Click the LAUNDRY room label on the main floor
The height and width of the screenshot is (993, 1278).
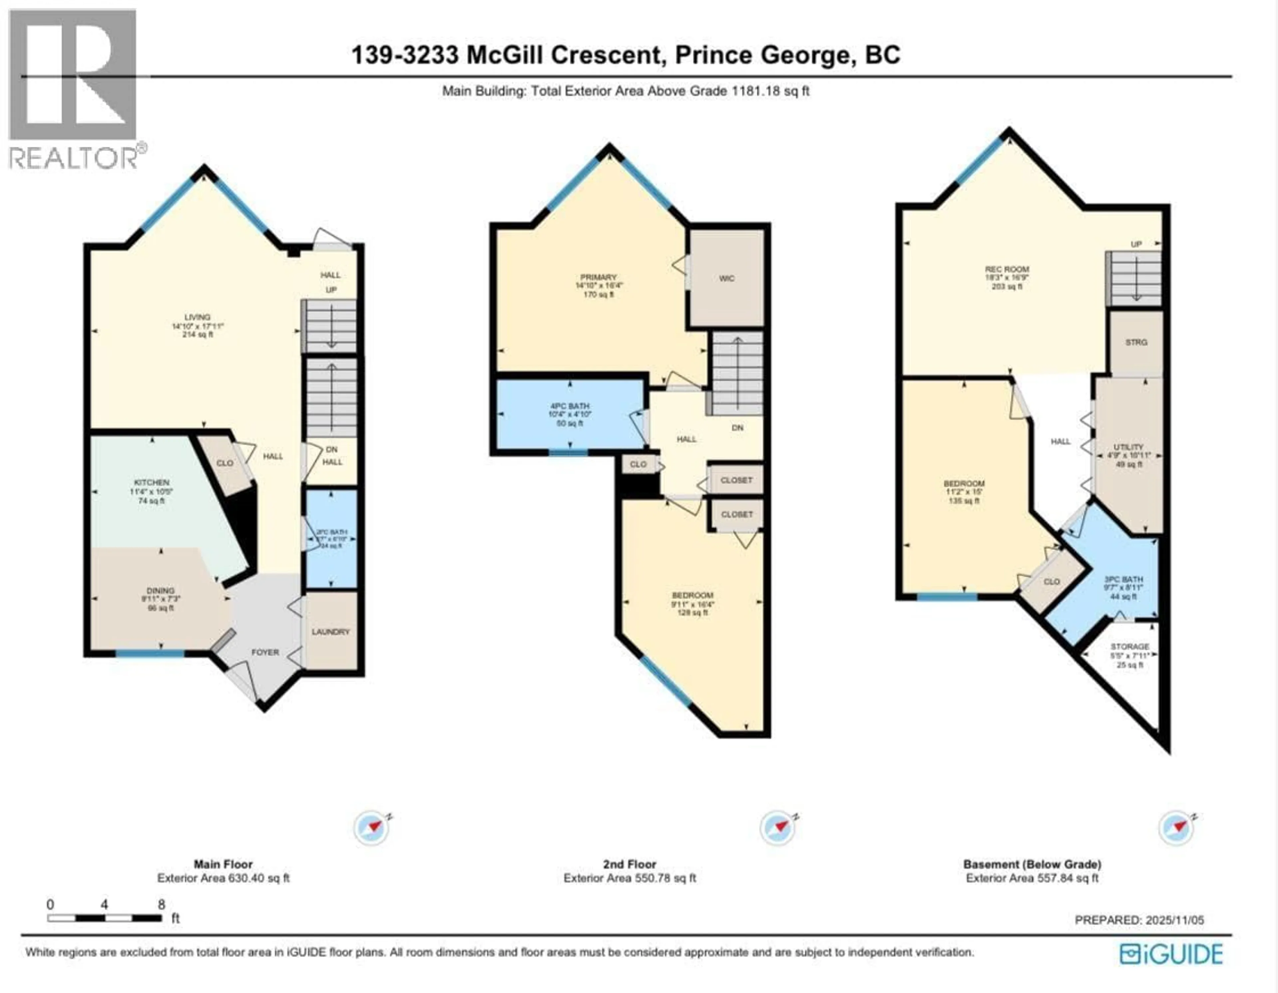(330, 632)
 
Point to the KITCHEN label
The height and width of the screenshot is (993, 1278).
(151, 483)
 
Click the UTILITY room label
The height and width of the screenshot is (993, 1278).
(1129, 447)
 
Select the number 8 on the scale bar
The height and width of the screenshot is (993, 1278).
(161, 904)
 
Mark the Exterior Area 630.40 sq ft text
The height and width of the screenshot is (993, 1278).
(224, 878)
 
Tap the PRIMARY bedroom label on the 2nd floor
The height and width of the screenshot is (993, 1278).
(599, 277)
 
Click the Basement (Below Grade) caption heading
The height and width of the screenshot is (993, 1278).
(1032, 864)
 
